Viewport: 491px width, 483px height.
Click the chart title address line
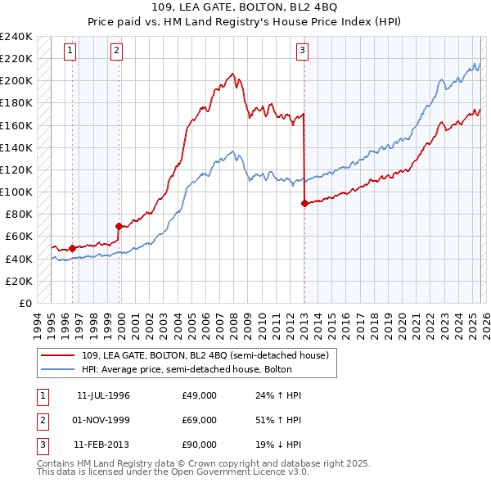click(245, 9)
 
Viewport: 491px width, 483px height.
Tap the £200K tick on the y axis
click(16, 80)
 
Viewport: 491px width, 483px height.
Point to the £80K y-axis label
click(19, 214)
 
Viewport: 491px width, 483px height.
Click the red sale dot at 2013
click(304, 203)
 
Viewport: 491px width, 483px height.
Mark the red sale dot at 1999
click(119, 226)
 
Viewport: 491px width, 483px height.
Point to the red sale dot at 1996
click(72, 248)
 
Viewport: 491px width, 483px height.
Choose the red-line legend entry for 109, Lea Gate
click(205, 355)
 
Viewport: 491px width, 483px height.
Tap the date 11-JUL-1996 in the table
click(103, 395)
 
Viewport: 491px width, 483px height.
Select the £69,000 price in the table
click(199, 420)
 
